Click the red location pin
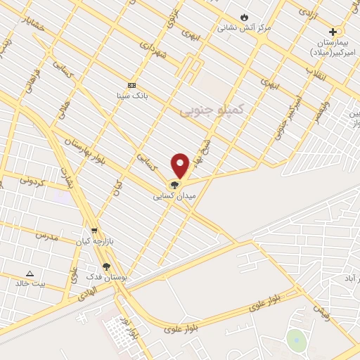click(180, 165)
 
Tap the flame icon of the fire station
click(244, 17)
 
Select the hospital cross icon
click(333, 32)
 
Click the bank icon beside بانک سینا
click(131, 84)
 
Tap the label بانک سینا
click(131, 94)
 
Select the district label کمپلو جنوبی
click(211, 110)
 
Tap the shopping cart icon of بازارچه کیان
click(94, 231)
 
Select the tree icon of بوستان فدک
click(106, 266)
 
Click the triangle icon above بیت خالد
click(30, 274)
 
